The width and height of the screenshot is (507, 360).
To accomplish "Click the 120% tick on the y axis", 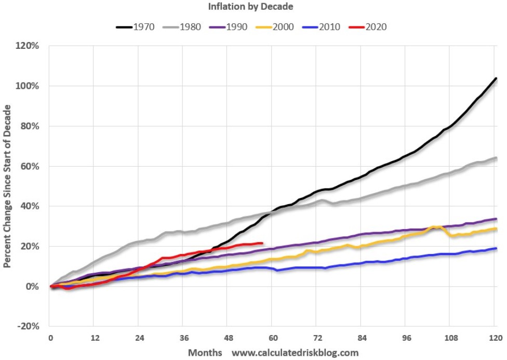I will pos(28,46).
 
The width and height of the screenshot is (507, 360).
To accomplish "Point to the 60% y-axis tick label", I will pos(30,166).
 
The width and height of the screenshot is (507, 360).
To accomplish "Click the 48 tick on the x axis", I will pos(228,337).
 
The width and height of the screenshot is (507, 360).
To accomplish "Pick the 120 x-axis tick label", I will pos(493,337).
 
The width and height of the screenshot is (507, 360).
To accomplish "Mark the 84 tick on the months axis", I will pos(361,337).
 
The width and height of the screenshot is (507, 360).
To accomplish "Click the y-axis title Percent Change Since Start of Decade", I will pos(8,185).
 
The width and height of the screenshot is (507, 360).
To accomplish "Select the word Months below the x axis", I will pos(205,353).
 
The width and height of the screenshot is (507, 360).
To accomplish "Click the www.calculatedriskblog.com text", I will pos(295,353).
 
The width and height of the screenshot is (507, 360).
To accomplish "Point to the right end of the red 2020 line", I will pos(261,243).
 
